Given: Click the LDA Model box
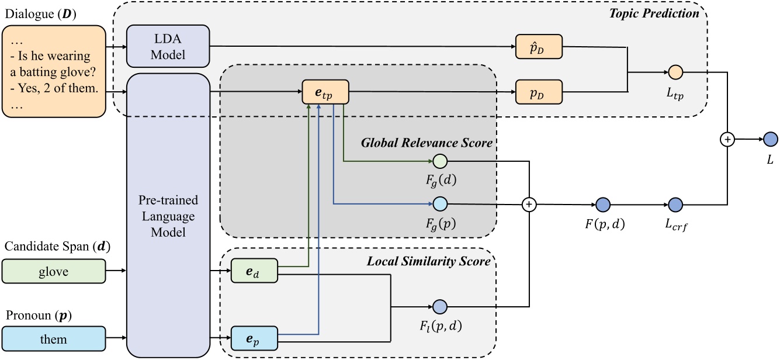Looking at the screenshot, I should (167, 46).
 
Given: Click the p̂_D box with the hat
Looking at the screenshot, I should (538, 46).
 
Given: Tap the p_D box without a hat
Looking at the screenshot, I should (538, 92).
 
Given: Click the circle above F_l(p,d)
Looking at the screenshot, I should (439, 306).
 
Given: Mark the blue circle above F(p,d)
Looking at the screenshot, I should (603, 205).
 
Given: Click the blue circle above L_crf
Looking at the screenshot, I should (675, 205).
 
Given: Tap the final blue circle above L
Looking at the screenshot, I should (769, 139).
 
